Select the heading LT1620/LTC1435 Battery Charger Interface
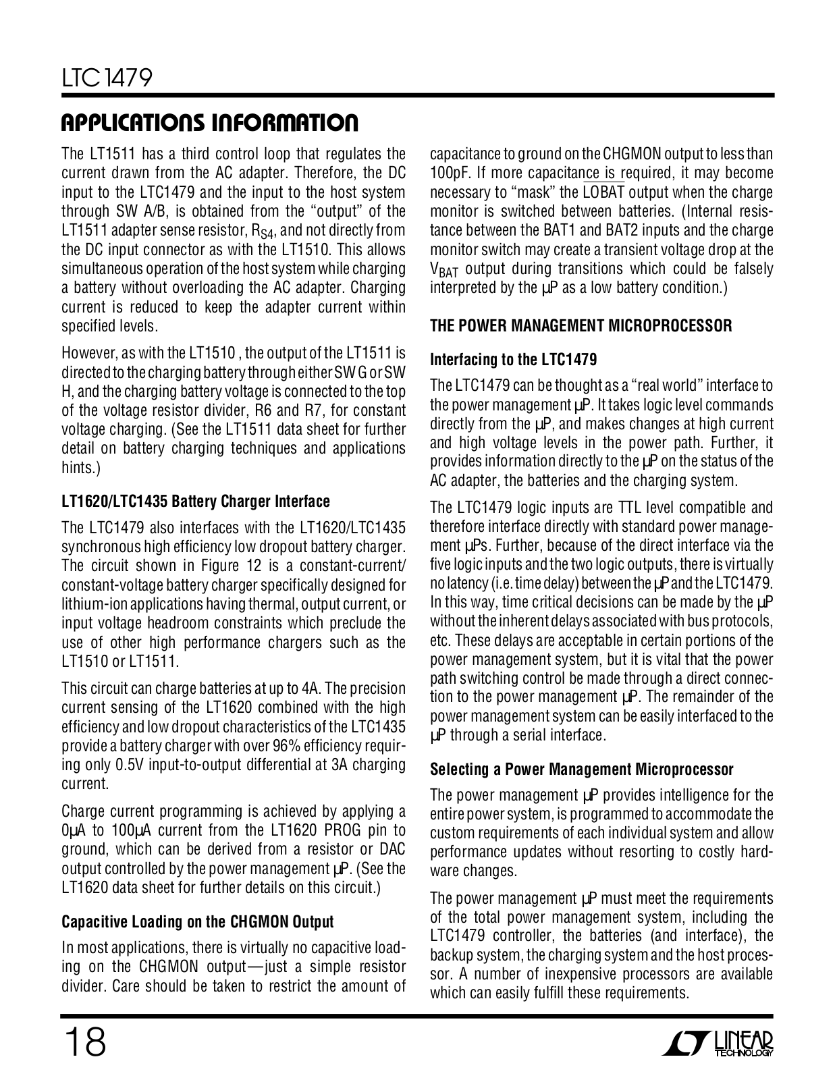pyautogui.click(x=196, y=502)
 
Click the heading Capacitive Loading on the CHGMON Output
pyautogui.click(x=198, y=921)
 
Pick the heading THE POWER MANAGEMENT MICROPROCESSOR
pyautogui.click(x=581, y=326)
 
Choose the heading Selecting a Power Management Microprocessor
pyautogui.click(x=581, y=769)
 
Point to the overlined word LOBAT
pyautogui.click(x=602, y=192)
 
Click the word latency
pyautogui.click(x=460, y=583)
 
